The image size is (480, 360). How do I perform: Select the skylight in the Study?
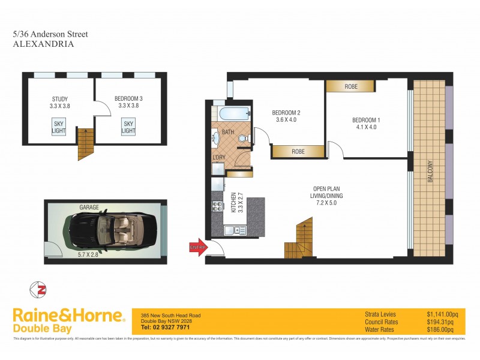(x=58, y=127)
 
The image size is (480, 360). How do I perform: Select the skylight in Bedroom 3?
(x=128, y=127)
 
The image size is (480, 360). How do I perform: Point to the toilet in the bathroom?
(x=243, y=139)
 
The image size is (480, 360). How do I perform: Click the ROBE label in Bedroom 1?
(x=351, y=87)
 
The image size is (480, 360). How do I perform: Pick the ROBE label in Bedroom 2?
(x=298, y=152)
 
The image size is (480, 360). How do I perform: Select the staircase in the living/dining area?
(x=298, y=238)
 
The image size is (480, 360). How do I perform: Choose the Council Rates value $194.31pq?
(x=443, y=322)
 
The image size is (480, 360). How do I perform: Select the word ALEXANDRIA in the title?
(x=43, y=44)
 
